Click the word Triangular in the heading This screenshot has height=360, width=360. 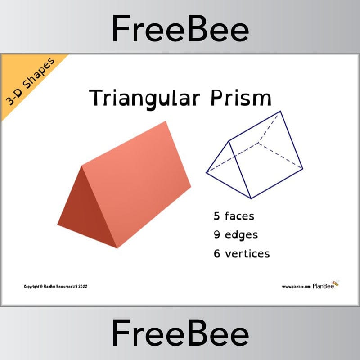(143, 98)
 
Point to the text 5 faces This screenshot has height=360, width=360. (234, 216)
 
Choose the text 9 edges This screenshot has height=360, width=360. (236, 234)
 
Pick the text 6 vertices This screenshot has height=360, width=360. (242, 253)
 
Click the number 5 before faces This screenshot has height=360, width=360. (217, 216)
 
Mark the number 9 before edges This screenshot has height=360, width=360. (217, 234)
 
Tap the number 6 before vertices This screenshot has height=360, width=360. (217, 253)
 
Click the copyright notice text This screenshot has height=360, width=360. (55, 286)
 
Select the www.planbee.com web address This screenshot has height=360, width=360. (297, 286)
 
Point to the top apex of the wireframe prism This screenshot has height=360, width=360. (280, 111)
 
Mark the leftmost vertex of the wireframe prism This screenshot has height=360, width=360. (207, 172)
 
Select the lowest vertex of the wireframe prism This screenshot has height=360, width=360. (251, 198)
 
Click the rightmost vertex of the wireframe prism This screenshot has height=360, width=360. (302, 170)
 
